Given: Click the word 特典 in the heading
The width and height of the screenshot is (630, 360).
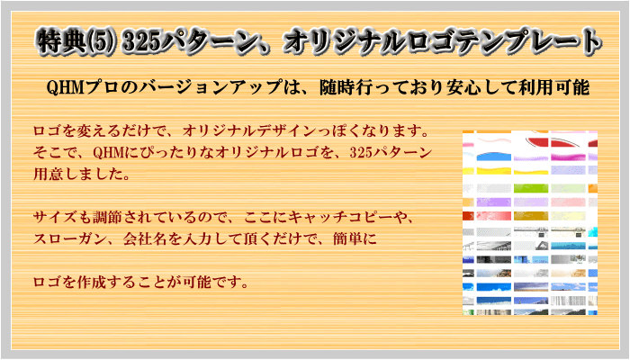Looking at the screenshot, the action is click(x=60, y=41).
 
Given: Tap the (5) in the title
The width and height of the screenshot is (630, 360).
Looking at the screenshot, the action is click(x=102, y=41).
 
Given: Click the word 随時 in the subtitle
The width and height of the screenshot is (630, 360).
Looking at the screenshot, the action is click(x=337, y=87).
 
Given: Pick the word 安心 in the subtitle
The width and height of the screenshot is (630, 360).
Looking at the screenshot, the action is click(x=463, y=87).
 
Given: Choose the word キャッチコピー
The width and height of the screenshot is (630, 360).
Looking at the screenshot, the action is click(x=341, y=218).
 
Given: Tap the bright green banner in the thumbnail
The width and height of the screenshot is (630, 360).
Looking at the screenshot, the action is click(x=531, y=188).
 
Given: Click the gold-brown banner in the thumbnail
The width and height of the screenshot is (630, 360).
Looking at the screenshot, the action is click(x=531, y=216).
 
